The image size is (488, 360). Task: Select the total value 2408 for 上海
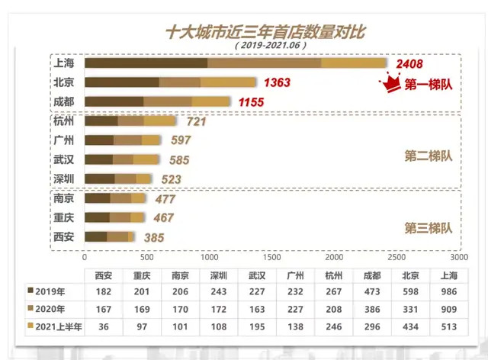[406, 64]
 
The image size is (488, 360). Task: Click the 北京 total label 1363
[276, 82]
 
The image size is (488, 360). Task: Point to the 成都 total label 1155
[251, 101]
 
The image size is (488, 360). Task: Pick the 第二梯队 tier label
[428, 156]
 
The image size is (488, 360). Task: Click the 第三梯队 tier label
[428, 227]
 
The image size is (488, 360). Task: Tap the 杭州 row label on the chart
[64, 121]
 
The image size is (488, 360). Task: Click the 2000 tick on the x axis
[333, 259]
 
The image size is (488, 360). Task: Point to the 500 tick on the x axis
[147, 259]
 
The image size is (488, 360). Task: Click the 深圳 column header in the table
[219, 275]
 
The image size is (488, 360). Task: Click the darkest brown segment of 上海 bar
[145, 63]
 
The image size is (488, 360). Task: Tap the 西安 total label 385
[154, 237]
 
